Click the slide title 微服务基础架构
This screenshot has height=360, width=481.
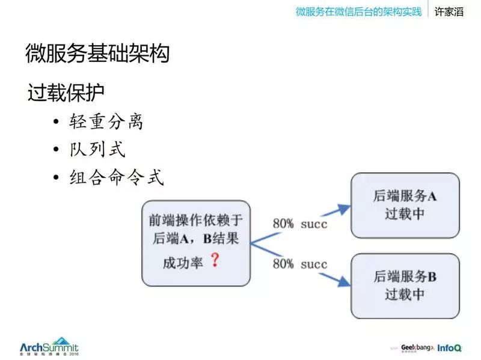(x=97, y=54)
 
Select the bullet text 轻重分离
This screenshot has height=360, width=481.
(x=105, y=121)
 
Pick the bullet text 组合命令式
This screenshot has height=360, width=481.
(x=114, y=177)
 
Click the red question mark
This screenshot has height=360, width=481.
(x=214, y=261)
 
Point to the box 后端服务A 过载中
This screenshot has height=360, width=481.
(x=405, y=206)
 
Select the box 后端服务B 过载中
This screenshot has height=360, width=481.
(x=405, y=285)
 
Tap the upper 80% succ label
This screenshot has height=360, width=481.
(x=300, y=223)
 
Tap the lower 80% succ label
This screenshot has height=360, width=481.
(x=300, y=264)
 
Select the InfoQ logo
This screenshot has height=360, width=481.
(x=450, y=347)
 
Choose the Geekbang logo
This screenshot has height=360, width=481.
(x=415, y=347)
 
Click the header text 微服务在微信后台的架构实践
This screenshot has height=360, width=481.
(x=358, y=12)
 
